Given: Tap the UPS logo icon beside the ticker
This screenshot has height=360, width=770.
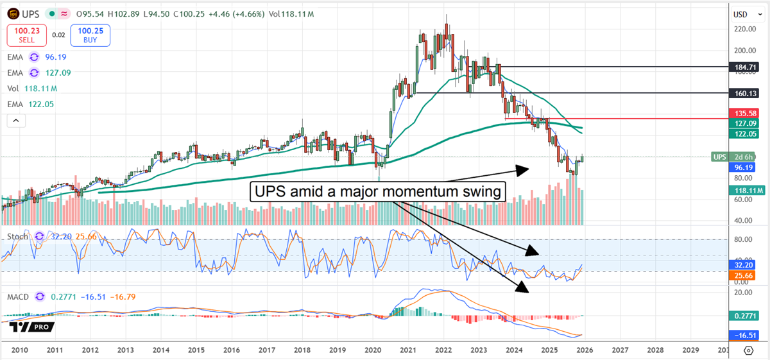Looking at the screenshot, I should tap(13, 13).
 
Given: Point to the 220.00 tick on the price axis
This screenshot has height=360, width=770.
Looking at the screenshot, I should tap(744, 29).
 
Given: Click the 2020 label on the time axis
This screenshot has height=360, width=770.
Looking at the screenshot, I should tap(373, 350).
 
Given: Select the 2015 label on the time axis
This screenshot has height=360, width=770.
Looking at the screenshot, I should tap(196, 350).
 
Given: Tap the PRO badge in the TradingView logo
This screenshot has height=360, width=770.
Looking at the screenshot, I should tap(42, 327).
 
